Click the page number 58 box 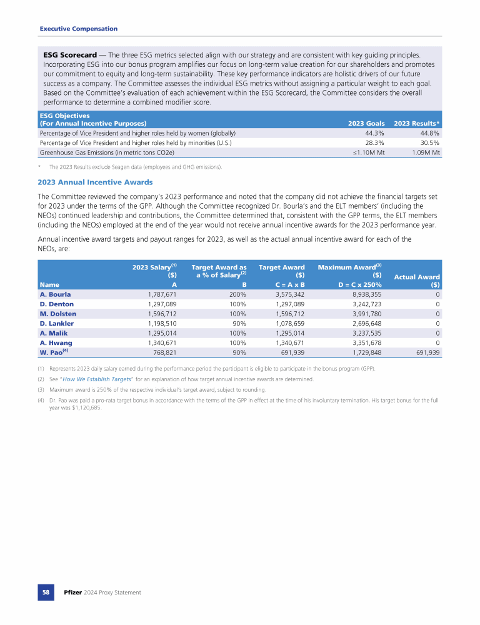click(x=46, y=592)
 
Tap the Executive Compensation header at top click(x=78, y=29)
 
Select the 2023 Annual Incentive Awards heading click(x=95, y=182)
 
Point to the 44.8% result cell click(x=428, y=133)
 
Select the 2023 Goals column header click(x=366, y=123)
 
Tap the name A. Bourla click(x=55, y=294)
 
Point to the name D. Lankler click(x=56, y=323)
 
